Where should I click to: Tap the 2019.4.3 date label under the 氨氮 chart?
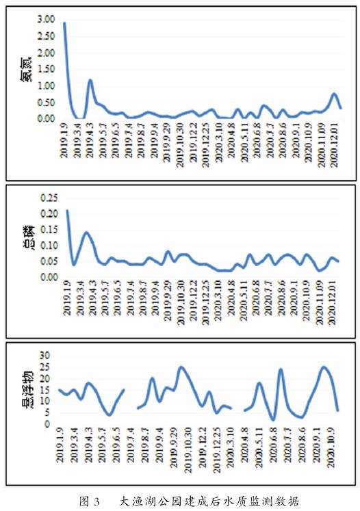coord(90,140)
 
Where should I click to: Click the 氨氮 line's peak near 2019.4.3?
coord(90,80)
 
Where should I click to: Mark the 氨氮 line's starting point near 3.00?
coord(64,23)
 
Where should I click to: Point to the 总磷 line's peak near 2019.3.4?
coord(86,233)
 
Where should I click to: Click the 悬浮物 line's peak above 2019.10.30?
coord(181,367)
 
